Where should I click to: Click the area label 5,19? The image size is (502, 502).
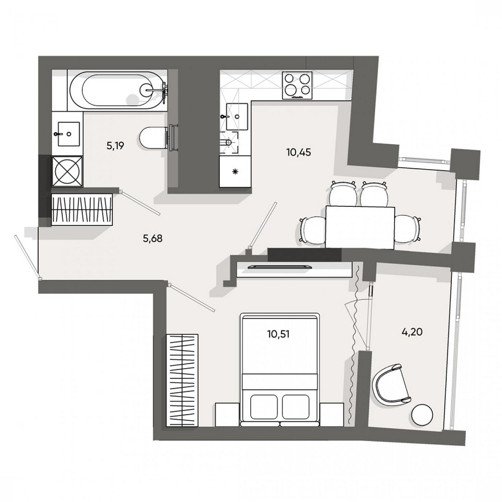point(115,146)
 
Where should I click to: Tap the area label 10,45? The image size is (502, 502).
point(299,152)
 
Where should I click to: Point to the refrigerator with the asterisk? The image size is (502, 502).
point(235,172)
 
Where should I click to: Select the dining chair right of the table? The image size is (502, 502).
point(407,228)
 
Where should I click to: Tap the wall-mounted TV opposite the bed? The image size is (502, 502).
point(282,266)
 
